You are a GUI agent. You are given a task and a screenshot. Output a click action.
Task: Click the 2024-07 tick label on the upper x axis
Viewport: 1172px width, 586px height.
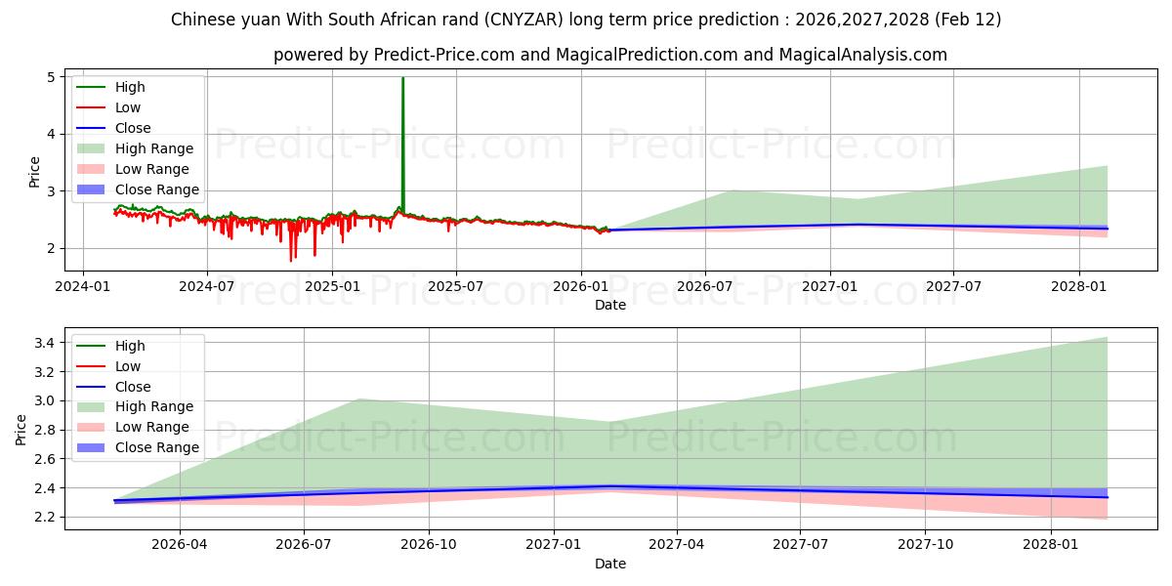click(x=207, y=287)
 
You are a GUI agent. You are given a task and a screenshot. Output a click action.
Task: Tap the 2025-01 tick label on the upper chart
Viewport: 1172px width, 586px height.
click(x=332, y=287)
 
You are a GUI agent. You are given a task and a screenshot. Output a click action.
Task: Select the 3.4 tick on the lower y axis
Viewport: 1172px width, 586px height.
click(x=46, y=343)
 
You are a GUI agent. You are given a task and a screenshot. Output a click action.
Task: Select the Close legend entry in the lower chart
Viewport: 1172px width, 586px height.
click(x=133, y=387)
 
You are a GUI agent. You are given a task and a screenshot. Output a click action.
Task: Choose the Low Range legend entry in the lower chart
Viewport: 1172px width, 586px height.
click(x=152, y=427)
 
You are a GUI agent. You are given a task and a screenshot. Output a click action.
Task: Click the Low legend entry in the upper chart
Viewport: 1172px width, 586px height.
click(x=128, y=107)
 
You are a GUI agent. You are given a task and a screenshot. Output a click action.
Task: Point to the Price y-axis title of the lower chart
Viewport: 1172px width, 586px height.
click(x=21, y=429)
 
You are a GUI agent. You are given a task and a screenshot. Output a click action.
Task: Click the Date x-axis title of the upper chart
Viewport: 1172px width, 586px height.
click(x=610, y=305)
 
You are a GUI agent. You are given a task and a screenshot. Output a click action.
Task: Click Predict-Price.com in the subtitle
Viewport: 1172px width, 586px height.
click(x=443, y=55)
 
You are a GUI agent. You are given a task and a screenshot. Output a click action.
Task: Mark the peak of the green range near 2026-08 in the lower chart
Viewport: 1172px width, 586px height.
click(x=359, y=399)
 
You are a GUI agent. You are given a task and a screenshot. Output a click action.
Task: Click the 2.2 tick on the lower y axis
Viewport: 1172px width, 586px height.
click(x=46, y=517)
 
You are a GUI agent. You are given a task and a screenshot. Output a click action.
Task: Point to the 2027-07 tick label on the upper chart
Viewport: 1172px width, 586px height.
click(x=954, y=287)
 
